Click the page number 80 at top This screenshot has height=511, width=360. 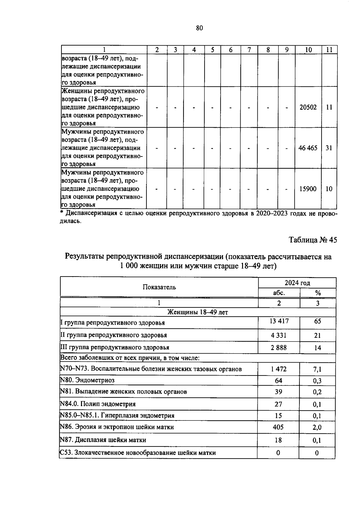[x=199, y=28]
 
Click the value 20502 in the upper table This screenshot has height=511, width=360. [x=308, y=107]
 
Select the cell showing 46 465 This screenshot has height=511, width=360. [x=308, y=148]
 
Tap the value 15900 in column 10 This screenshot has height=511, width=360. [x=308, y=189]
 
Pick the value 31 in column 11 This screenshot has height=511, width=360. [x=329, y=148]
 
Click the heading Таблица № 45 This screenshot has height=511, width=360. [x=313, y=240]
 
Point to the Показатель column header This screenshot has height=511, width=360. [x=159, y=287]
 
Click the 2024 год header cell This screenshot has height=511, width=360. [x=297, y=283]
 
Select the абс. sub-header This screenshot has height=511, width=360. [x=279, y=293]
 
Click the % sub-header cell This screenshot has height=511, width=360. [x=318, y=293]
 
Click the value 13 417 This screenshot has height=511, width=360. [x=279, y=321]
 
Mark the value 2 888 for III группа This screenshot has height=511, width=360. [x=279, y=348]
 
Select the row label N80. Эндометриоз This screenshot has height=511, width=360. [x=87, y=381]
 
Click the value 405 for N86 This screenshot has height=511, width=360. [x=278, y=427]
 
